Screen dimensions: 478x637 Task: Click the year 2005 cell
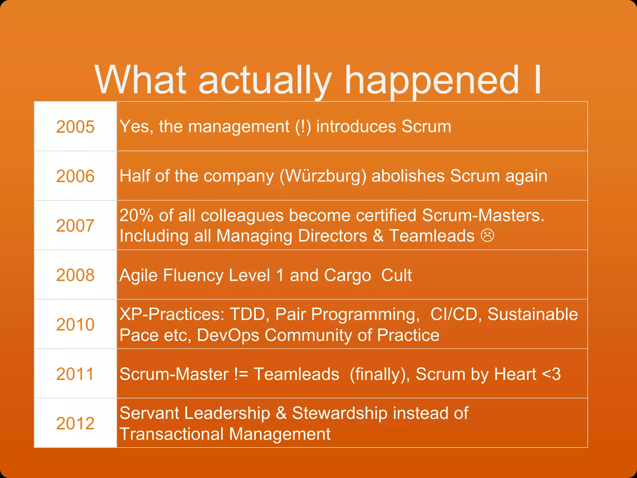[75, 127]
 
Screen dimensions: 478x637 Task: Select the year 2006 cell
[75, 176]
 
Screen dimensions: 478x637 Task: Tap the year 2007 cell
[75, 226]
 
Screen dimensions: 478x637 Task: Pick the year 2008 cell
[75, 275]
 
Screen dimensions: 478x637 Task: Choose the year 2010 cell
[75, 325]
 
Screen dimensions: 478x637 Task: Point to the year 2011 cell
[75, 374]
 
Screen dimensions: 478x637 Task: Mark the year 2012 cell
[75, 424]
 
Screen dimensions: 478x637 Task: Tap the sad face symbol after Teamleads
[487, 236]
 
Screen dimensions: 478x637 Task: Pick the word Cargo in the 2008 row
[347, 276]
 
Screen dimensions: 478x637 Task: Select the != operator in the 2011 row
[241, 374]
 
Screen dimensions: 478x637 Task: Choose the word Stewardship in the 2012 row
[340, 414]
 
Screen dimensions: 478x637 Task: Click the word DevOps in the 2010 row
[228, 335]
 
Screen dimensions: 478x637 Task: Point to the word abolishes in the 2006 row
[408, 176]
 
